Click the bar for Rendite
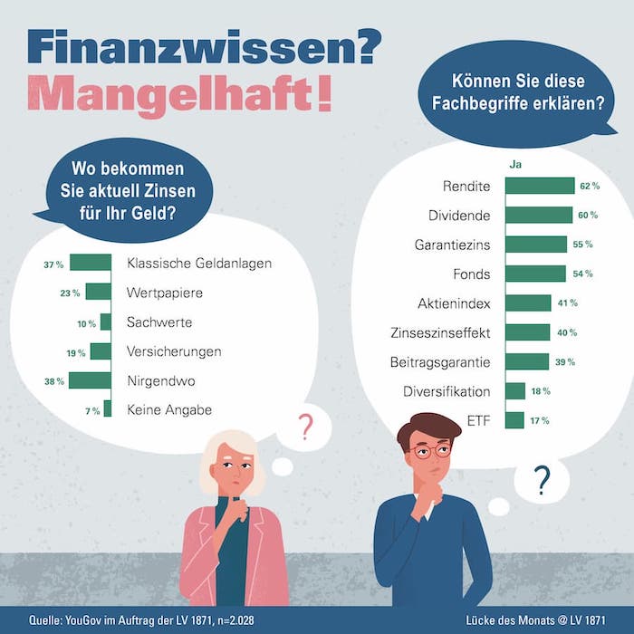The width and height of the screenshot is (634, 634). click(540, 187)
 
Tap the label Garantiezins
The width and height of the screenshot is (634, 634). click(453, 245)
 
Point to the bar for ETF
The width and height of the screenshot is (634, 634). click(514, 420)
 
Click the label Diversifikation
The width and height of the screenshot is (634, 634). click(447, 391)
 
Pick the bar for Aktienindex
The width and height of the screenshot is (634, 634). click(528, 303)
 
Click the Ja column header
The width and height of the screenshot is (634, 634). click(516, 165)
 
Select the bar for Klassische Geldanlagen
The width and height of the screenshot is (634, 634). click(91, 264)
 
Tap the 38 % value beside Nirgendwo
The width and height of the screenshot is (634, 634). click(54, 381)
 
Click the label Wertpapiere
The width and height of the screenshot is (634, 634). click(165, 293)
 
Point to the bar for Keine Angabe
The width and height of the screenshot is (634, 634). click(107, 409)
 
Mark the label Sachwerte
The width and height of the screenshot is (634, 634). click(160, 322)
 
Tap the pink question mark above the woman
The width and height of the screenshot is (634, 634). click(306, 426)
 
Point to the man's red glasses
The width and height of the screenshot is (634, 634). click(430, 450)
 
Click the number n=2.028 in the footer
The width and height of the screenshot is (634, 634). click(235, 620)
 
